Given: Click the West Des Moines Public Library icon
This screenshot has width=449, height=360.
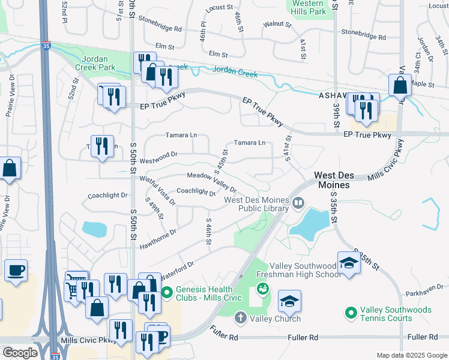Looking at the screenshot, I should pyautogui.click(x=298, y=205).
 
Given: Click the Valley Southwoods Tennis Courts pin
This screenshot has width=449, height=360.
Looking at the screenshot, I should pyautogui.click(x=351, y=313).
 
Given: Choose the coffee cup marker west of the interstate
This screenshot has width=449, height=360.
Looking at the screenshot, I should pyautogui.click(x=16, y=271).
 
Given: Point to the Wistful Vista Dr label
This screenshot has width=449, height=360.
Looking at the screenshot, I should pyautogui.click(x=157, y=191).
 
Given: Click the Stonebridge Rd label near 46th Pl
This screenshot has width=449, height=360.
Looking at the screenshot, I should pyautogui.click(x=160, y=28).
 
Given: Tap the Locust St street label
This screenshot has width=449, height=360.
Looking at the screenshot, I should pyautogui.click(x=218, y=8).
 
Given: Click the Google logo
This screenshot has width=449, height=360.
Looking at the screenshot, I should pyautogui.click(x=20, y=353).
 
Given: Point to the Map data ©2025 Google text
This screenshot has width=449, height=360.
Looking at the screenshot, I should pyautogui.click(x=412, y=355).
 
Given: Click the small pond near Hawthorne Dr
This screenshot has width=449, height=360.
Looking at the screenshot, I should pyautogui.click(x=93, y=229).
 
